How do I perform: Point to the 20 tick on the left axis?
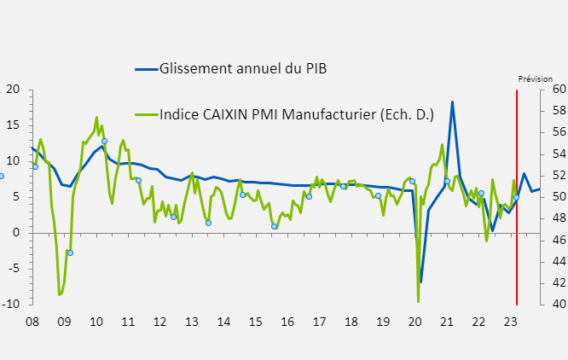click(x=13, y=89)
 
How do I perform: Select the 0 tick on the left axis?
click(x=16, y=232)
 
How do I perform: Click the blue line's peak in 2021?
click(x=452, y=102)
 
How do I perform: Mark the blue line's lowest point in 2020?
click(x=420, y=282)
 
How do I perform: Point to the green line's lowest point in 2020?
click(x=418, y=301)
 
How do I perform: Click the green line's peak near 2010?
click(x=96, y=118)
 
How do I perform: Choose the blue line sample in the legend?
click(x=146, y=68)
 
